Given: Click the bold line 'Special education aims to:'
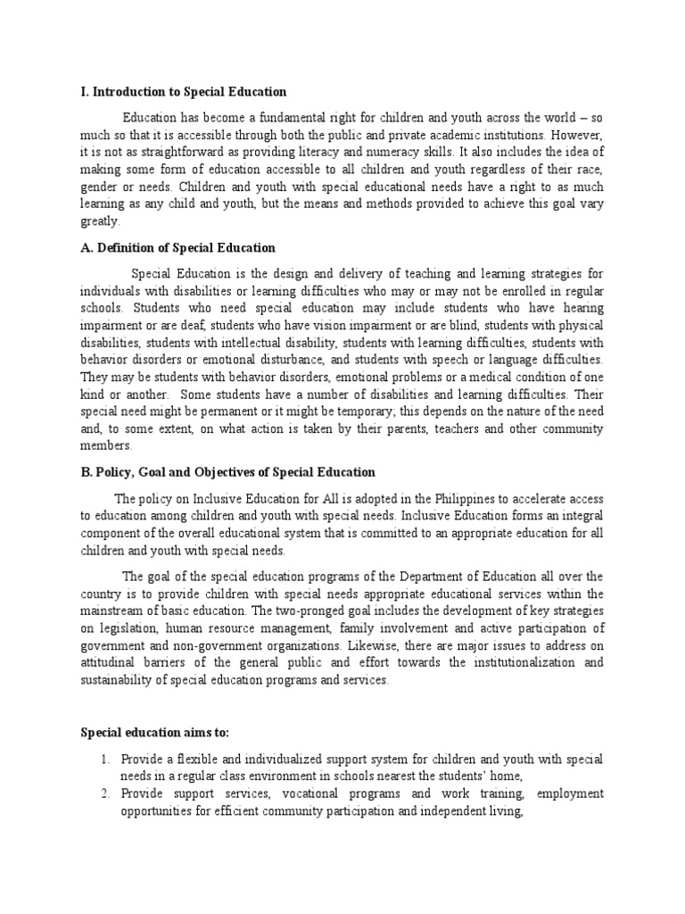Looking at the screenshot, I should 155,733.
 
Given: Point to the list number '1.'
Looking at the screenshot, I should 104,759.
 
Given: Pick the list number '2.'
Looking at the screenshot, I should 104,794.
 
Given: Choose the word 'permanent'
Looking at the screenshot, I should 219,411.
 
